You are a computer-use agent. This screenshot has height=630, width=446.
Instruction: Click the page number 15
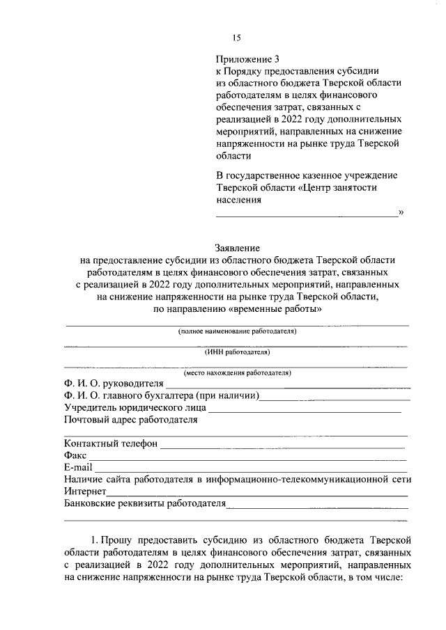[x=237, y=38]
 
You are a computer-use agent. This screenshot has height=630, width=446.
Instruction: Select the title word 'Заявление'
[x=237, y=247]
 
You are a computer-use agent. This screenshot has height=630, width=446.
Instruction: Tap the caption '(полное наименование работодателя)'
[x=237, y=331]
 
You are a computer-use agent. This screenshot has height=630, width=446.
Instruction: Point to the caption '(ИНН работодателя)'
[x=237, y=352]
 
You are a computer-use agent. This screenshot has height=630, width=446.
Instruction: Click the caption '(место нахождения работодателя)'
[x=237, y=373]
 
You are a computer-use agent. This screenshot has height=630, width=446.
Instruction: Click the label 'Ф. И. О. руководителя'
[x=114, y=384]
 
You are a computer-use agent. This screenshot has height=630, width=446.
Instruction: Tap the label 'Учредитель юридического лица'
[x=134, y=407]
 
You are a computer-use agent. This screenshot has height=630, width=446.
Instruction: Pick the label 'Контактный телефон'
[x=110, y=443]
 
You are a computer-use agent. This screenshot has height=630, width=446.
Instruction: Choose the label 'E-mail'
[x=78, y=467]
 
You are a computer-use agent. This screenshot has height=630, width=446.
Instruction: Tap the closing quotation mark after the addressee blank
[x=401, y=213]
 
